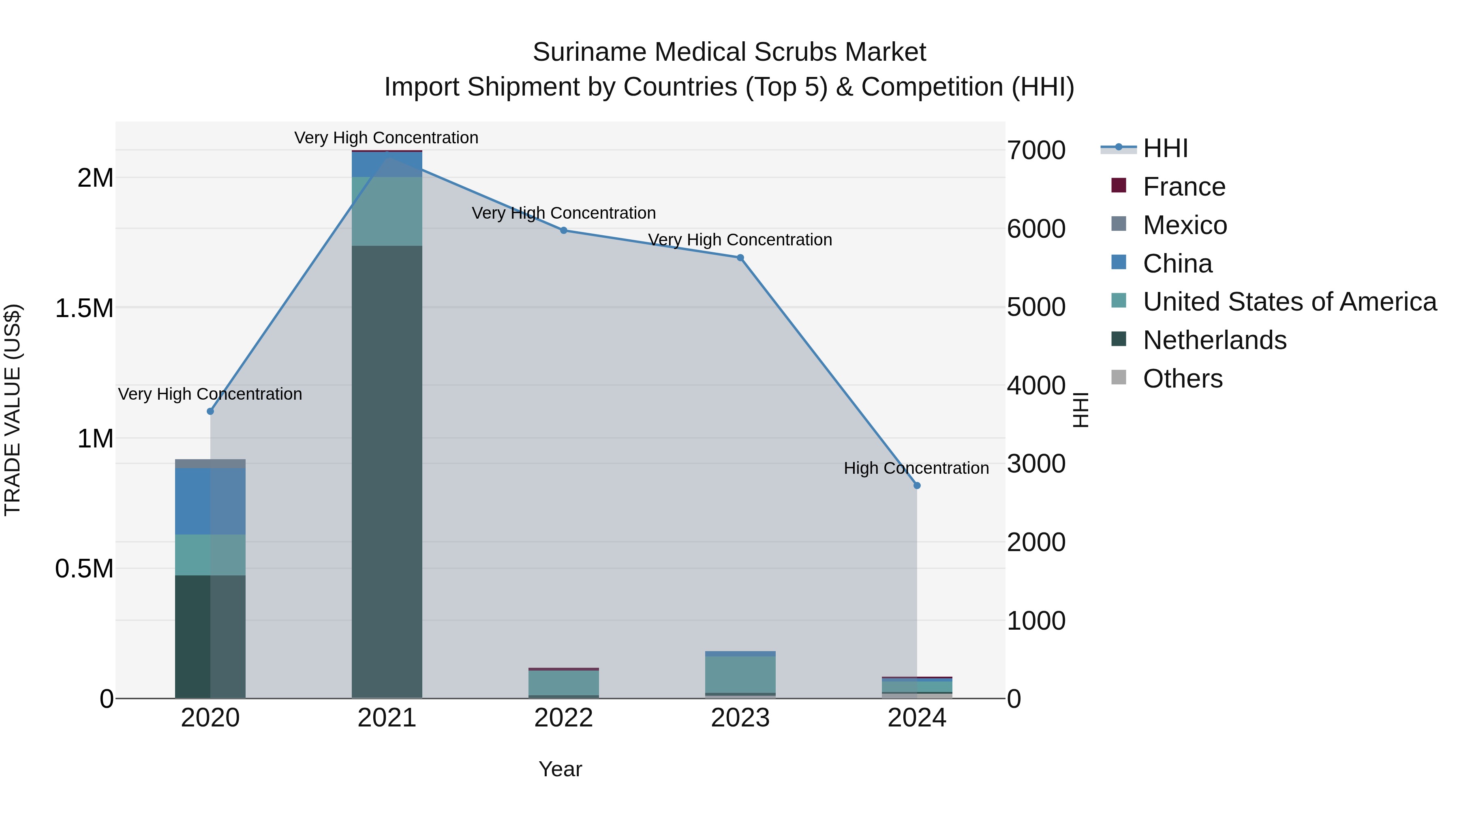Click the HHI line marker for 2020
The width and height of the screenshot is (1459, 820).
click(210, 411)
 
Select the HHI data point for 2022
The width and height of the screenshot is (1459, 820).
click(564, 230)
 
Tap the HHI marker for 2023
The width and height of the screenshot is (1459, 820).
click(740, 258)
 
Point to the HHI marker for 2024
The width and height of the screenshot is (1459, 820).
click(917, 486)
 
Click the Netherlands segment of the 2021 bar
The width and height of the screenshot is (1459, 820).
click(387, 470)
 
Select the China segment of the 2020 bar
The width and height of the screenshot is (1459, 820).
click(210, 501)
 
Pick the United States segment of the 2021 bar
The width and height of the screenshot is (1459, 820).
click(387, 211)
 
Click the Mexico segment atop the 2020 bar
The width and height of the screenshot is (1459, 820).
click(210, 464)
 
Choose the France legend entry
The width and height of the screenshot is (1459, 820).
click(1184, 187)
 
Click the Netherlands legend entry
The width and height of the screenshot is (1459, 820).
click(1214, 340)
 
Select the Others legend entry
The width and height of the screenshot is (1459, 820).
click(1183, 379)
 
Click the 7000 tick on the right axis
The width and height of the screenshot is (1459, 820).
click(1036, 151)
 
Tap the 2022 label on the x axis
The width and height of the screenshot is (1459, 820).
click(564, 718)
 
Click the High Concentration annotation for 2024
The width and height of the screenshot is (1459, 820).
click(916, 468)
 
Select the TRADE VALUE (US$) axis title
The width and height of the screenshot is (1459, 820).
click(13, 410)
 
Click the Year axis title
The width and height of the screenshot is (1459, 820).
click(560, 769)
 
